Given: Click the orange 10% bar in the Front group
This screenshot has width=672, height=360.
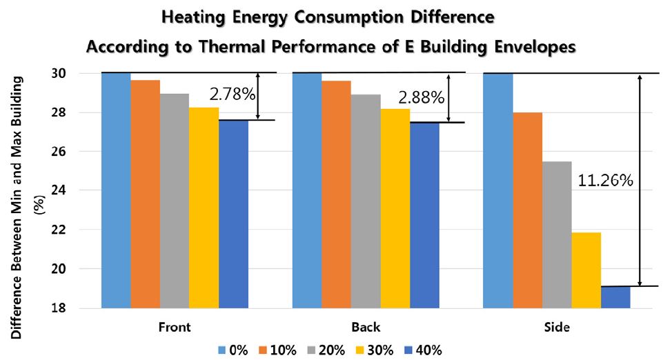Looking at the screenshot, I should click(x=145, y=193).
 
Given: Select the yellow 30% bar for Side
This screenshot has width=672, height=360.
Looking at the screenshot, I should click(x=586, y=270).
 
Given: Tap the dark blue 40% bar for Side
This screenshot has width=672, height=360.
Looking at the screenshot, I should click(x=615, y=297).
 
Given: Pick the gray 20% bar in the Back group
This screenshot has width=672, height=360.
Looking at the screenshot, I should click(x=365, y=200).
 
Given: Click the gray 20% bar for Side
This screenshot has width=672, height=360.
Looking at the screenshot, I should click(x=556, y=234).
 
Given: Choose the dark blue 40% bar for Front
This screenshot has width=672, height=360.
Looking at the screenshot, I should click(x=233, y=213).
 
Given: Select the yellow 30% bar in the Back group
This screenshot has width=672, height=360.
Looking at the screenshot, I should click(x=395, y=208).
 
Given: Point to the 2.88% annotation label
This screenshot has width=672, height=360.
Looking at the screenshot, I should click(x=422, y=97).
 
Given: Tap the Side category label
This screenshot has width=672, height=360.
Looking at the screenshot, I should click(x=556, y=326).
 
